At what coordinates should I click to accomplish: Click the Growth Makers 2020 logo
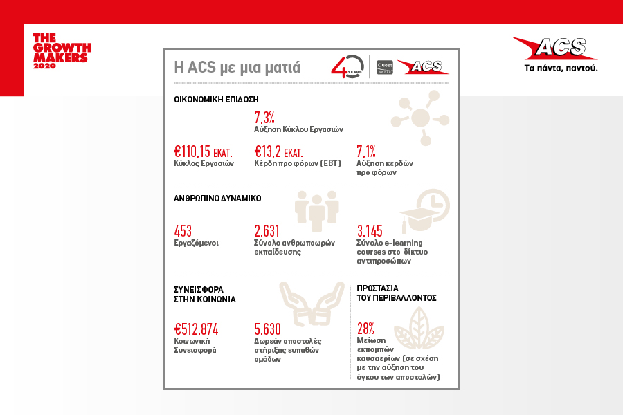62,50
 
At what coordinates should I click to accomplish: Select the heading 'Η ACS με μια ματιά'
237,67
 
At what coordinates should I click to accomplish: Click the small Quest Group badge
384,67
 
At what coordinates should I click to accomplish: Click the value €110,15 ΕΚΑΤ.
203,151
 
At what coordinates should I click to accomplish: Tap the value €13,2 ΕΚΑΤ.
278,151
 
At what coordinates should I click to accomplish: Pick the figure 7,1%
366,151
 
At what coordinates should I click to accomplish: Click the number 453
183,231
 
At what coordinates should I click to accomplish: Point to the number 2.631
267,231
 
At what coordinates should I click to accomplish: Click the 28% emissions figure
365,329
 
